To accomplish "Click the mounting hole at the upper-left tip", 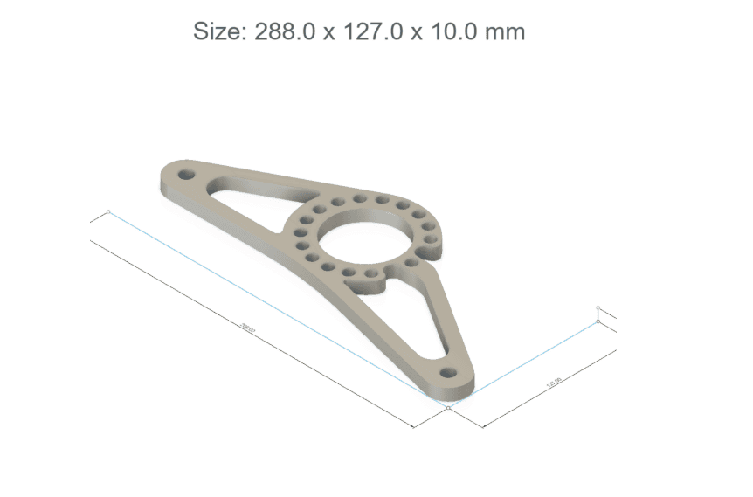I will click(x=185, y=174).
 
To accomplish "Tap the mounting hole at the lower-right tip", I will click(x=449, y=373).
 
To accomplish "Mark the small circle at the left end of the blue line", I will click(x=108, y=211).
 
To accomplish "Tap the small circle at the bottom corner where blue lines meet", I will click(x=447, y=407).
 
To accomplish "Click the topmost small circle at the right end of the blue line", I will click(x=598, y=307).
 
